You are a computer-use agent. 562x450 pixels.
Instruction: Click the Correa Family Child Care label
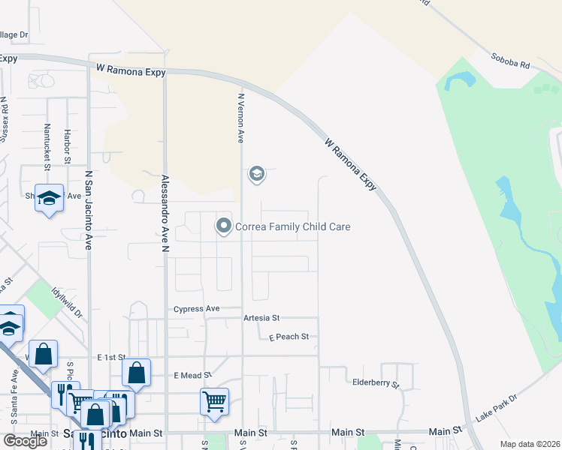293,226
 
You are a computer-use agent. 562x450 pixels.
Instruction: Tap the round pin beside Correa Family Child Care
223,226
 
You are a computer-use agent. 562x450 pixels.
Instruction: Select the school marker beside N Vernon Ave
256,175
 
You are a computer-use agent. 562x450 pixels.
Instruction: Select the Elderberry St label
376,383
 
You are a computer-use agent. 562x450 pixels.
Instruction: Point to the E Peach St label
289,337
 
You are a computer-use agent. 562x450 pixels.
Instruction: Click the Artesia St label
261,318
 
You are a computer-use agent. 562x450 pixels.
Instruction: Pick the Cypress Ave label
196,309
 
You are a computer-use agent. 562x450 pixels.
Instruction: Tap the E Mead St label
193,375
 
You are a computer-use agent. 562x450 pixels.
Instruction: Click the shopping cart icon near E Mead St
214,401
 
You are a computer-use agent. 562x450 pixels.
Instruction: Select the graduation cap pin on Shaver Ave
49,198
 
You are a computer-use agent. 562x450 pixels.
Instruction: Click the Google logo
25,441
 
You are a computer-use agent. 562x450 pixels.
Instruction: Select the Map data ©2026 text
530,444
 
